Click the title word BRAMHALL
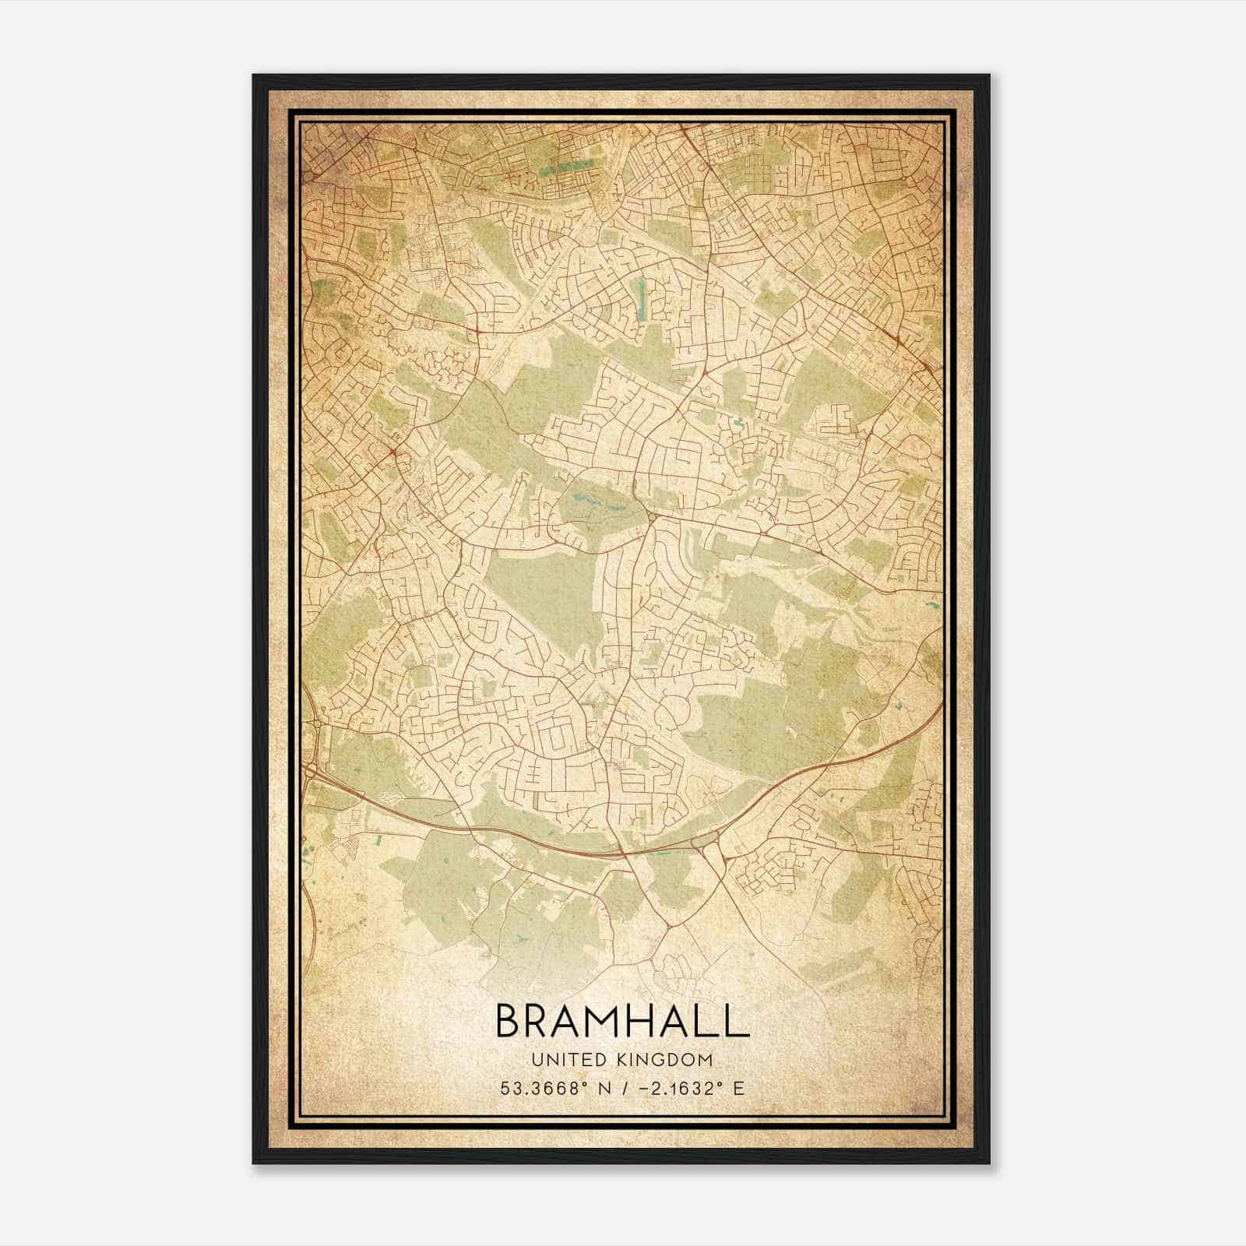[621, 1022]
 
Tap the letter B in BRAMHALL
[509, 1022]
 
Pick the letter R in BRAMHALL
[540, 1022]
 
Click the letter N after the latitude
[602, 1088]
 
